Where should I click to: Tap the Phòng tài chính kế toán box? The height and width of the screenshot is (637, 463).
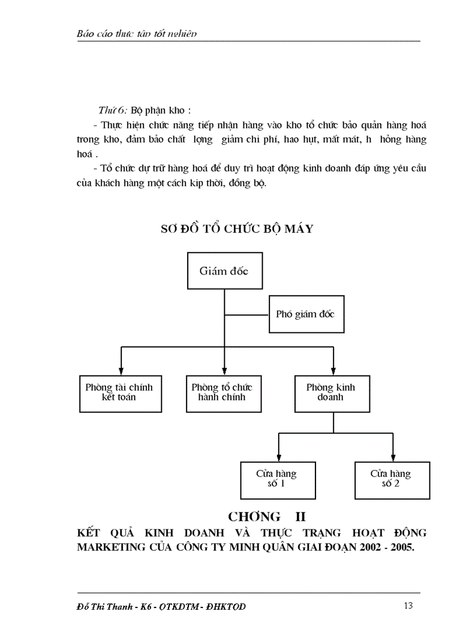tap(119, 393)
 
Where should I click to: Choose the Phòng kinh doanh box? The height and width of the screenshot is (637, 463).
tap(331, 393)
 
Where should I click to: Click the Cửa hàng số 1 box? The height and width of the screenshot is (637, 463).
tap(276, 479)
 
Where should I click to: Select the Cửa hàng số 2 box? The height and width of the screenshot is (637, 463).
tap(391, 479)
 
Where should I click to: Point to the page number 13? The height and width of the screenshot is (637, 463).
tap(408, 606)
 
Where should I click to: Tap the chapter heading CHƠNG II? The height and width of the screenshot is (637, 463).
tap(267, 517)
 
